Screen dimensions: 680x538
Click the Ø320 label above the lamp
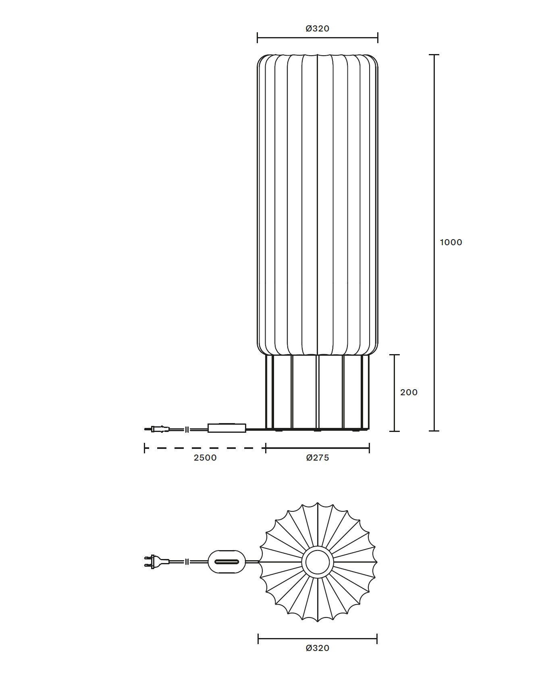pyautogui.click(x=318, y=29)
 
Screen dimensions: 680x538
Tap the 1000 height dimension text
pyautogui.click(x=451, y=242)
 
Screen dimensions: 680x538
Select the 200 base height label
pyautogui.click(x=409, y=392)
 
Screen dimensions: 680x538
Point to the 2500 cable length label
pyautogui.click(x=205, y=458)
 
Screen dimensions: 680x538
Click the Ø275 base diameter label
pyautogui.click(x=318, y=458)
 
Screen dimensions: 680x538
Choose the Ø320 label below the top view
pyautogui.click(x=318, y=648)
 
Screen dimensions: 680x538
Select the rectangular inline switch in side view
pyautogui.click(x=226, y=428)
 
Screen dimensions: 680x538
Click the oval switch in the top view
pyautogui.click(x=226, y=561)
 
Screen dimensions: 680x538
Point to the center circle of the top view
pyautogui.click(x=318, y=561)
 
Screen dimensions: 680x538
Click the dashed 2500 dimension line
pyautogui.click(x=205, y=448)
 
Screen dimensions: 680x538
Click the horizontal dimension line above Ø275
pyautogui.click(x=318, y=448)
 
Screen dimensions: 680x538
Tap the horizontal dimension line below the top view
pyautogui.click(x=318, y=638)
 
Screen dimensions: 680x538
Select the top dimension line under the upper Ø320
pyautogui.click(x=318, y=38)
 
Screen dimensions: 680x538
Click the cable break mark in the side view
pyautogui.click(x=187, y=430)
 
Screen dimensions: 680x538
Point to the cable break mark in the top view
pyautogui.click(x=187, y=561)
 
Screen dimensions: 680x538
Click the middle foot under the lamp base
pyautogui.click(x=318, y=431)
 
